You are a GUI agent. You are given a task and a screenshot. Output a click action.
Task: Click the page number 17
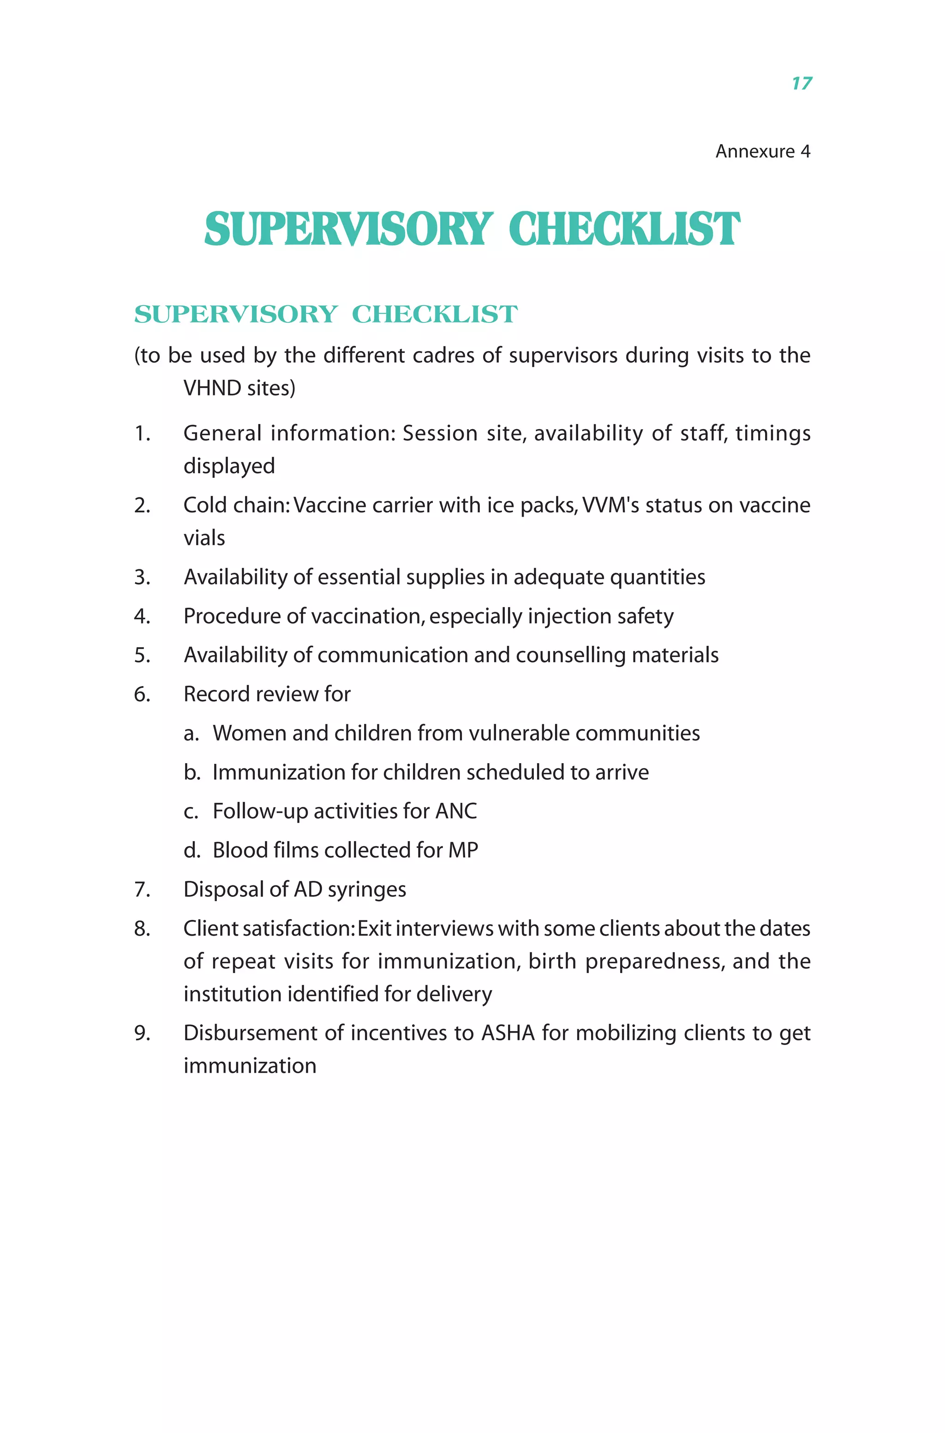point(801,83)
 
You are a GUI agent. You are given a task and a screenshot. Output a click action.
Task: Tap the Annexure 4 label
point(762,151)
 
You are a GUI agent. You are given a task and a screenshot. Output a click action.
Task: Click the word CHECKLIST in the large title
point(624,230)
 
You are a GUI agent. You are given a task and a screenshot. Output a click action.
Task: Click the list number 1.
point(142,433)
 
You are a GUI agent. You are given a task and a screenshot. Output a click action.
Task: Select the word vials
point(204,537)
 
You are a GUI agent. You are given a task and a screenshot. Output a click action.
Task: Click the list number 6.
point(142,694)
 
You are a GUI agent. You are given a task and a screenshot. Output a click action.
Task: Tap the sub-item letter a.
point(191,734)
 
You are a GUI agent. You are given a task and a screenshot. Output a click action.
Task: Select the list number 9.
point(142,1033)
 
